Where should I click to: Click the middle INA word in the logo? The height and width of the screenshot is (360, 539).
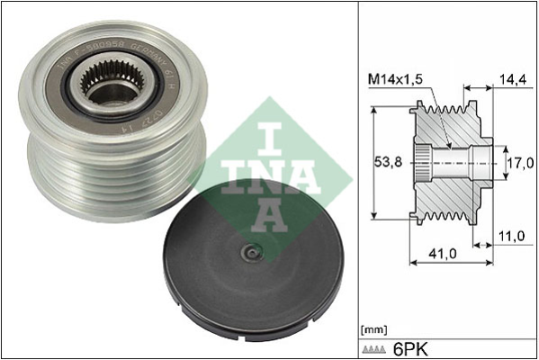(270, 175)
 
